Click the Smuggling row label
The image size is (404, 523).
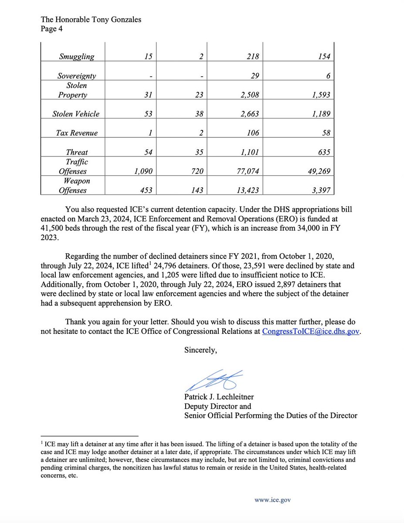(76, 56)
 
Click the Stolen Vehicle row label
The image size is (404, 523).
(76, 114)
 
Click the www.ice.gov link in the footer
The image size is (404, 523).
(272, 500)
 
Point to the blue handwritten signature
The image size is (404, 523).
(214, 380)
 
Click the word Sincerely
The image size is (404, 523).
(200, 350)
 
